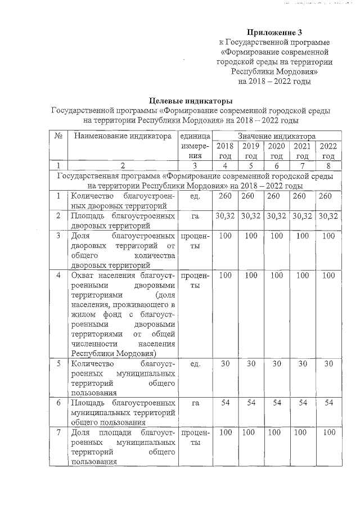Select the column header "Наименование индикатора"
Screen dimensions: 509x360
point(122,136)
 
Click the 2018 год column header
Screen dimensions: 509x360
point(225,151)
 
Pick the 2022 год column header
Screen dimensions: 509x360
point(328,151)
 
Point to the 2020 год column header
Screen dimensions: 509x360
point(276,151)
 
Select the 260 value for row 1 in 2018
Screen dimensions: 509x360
point(225,196)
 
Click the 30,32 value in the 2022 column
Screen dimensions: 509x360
point(328,217)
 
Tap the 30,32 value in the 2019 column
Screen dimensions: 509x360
point(251,217)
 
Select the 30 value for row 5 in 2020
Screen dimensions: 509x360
point(276,364)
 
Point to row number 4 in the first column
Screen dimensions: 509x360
point(58,276)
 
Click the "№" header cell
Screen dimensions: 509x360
point(58,136)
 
